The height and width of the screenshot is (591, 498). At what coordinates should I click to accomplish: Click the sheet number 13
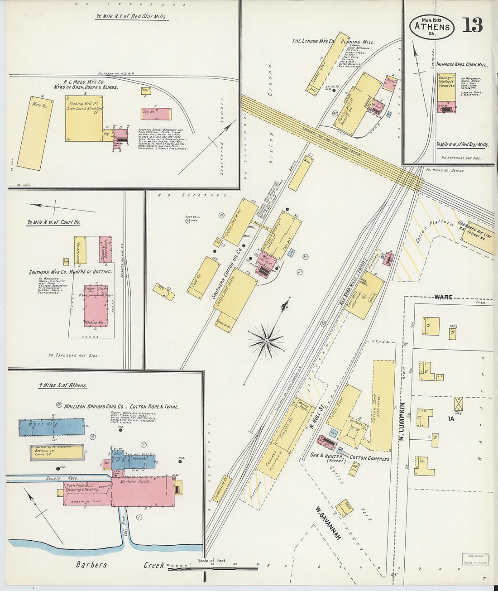click(x=472, y=25)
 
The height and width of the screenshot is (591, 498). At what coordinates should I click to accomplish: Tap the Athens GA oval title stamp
click(x=432, y=27)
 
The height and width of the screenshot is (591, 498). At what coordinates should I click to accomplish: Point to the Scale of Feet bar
click(x=213, y=568)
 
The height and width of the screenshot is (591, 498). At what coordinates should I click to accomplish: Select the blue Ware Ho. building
click(x=52, y=427)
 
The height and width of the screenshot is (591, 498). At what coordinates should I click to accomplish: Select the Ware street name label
click(x=443, y=297)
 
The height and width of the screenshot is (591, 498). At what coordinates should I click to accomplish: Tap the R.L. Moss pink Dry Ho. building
click(x=156, y=113)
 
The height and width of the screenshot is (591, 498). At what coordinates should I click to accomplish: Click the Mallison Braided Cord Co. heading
click(x=121, y=406)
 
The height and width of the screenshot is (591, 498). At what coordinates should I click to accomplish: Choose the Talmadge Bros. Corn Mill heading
click(x=462, y=65)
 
